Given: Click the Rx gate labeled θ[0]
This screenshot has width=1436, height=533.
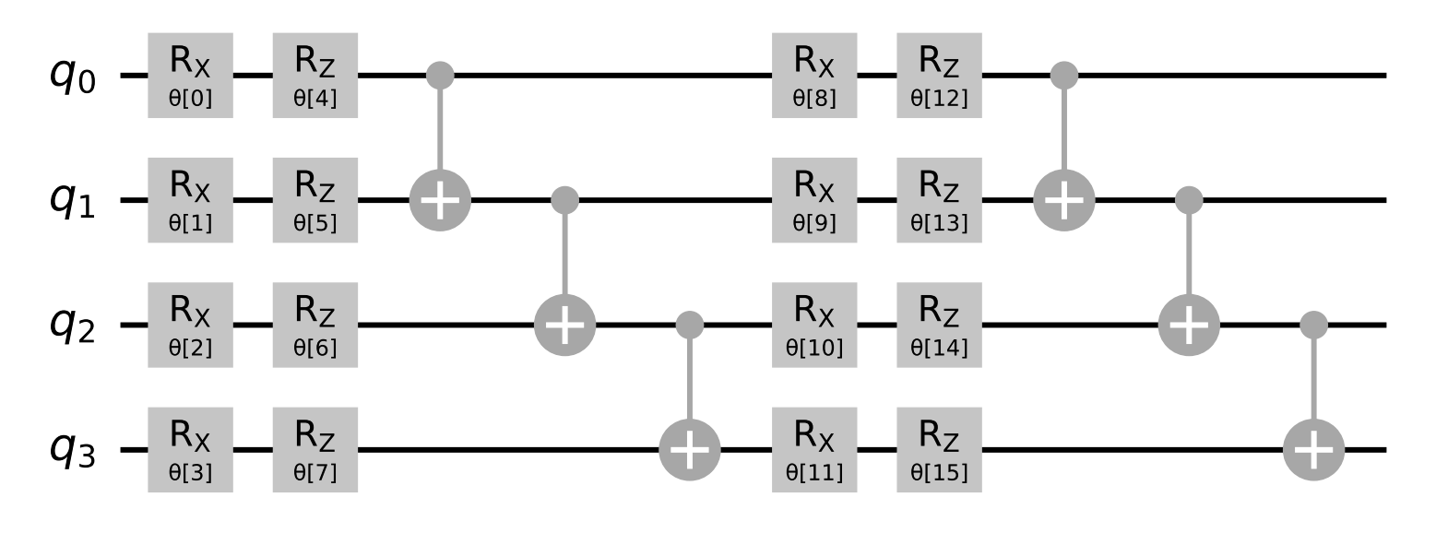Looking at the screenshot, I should point(191,76).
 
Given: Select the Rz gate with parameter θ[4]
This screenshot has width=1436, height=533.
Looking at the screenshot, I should point(315,76).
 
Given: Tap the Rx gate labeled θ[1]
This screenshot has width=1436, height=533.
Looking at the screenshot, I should point(191,200).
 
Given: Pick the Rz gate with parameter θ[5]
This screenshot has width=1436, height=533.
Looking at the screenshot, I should point(315,200).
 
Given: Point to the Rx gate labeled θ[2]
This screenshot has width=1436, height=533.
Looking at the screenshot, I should point(191,326).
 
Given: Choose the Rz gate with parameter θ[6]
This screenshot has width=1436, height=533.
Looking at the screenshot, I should point(315,326).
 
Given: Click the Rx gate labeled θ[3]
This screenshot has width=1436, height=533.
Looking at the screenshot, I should point(191,450).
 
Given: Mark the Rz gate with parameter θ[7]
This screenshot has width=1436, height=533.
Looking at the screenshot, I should point(315,450).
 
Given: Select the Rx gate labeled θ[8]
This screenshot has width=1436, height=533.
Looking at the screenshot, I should point(814,76).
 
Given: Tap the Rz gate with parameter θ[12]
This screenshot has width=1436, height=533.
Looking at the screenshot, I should point(939,76).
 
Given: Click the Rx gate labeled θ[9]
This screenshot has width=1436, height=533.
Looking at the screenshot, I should point(814,200).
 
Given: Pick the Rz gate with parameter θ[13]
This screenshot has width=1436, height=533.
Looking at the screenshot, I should point(939,200).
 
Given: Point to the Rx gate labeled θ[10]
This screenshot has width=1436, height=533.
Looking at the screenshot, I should point(814,326).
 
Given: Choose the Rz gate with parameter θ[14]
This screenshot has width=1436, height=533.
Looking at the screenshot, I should point(939,326).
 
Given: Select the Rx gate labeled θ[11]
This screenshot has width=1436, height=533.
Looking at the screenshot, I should point(814,450).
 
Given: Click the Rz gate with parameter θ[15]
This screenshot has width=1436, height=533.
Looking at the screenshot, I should point(939,450).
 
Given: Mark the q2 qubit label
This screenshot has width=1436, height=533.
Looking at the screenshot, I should point(73,326).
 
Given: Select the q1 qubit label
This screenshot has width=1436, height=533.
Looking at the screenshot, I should point(73,200).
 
